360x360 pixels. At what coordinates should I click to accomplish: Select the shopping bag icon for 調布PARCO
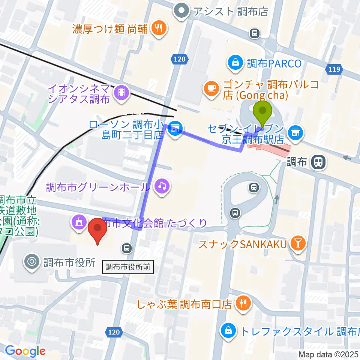point(236,63)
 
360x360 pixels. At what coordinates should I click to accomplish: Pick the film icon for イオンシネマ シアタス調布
point(121,91)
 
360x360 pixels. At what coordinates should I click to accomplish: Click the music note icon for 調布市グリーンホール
point(162,185)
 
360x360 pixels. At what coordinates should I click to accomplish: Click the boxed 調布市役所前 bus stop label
point(128,267)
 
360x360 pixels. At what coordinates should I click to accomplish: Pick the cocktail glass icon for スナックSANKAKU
point(298,244)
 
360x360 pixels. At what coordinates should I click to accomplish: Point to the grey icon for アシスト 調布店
point(182,11)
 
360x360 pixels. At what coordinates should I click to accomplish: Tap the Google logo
point(25,351)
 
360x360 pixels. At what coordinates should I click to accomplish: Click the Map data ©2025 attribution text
point(328,354)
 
